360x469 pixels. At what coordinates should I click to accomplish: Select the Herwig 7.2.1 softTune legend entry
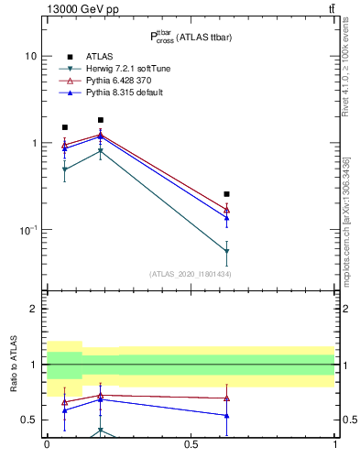[112, 70]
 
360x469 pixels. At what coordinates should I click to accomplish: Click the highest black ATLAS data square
[101, 120]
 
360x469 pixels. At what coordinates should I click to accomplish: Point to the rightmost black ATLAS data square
[226, 194]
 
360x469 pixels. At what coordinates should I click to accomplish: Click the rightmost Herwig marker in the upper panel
[226, 251]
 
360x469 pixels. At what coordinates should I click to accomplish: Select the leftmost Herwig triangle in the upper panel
[64, 169]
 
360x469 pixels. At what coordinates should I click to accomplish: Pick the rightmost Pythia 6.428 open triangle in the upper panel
[226, 210]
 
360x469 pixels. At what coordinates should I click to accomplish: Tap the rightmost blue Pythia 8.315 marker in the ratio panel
[226, 416]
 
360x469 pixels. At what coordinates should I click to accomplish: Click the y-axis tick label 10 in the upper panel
[30, 56]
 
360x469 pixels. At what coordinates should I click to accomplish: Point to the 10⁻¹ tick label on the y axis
[28, 230]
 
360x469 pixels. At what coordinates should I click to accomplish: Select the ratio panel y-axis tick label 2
[34, 310]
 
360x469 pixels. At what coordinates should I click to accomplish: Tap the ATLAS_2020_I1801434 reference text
[191, 274]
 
